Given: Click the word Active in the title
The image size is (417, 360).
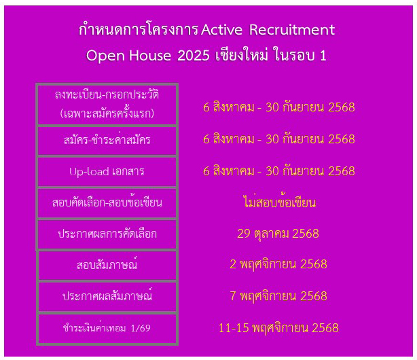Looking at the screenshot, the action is [x=221, y=29].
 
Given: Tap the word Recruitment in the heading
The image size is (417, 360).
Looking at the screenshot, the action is [x=292, y=29].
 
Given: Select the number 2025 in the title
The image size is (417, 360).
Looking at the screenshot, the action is [x=194, y=56].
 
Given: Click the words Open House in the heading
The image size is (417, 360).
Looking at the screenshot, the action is [x=129, y=56].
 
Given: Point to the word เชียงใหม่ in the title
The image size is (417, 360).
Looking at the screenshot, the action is [x=241, y=55].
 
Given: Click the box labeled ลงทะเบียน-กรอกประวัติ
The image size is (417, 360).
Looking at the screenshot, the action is [x=107, y=105].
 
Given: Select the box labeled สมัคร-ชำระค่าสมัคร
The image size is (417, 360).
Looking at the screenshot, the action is [x=107, y=141].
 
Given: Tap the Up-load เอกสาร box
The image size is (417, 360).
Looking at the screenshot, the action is [x=107, y=172].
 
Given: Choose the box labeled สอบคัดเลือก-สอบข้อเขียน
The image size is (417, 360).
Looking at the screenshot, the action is [x=107, y=203].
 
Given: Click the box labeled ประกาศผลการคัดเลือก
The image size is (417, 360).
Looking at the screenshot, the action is [x=107, y=234].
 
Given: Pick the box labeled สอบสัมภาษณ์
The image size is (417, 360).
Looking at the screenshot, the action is [x=107, y=266].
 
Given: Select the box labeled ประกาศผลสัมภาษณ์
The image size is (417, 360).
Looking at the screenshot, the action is [x=107, y=296].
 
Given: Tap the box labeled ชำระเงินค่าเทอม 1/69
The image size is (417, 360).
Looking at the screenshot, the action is [x=107, y=328].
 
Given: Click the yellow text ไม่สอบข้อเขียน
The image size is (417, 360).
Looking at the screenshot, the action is [x=280, y=202].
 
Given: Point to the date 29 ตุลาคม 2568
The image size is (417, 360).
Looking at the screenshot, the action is [x=278, y=234].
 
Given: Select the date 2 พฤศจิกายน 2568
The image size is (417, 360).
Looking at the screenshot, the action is [x=278, y=265].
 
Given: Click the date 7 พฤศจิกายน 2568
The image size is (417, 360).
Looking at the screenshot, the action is [x=278, y=296].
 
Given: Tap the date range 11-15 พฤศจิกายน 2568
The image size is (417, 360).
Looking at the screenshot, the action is [x=278, y=328].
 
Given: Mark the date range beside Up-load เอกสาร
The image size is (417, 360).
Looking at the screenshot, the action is [x=279, y=170].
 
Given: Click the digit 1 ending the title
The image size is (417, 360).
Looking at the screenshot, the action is [x=323, y=56].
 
